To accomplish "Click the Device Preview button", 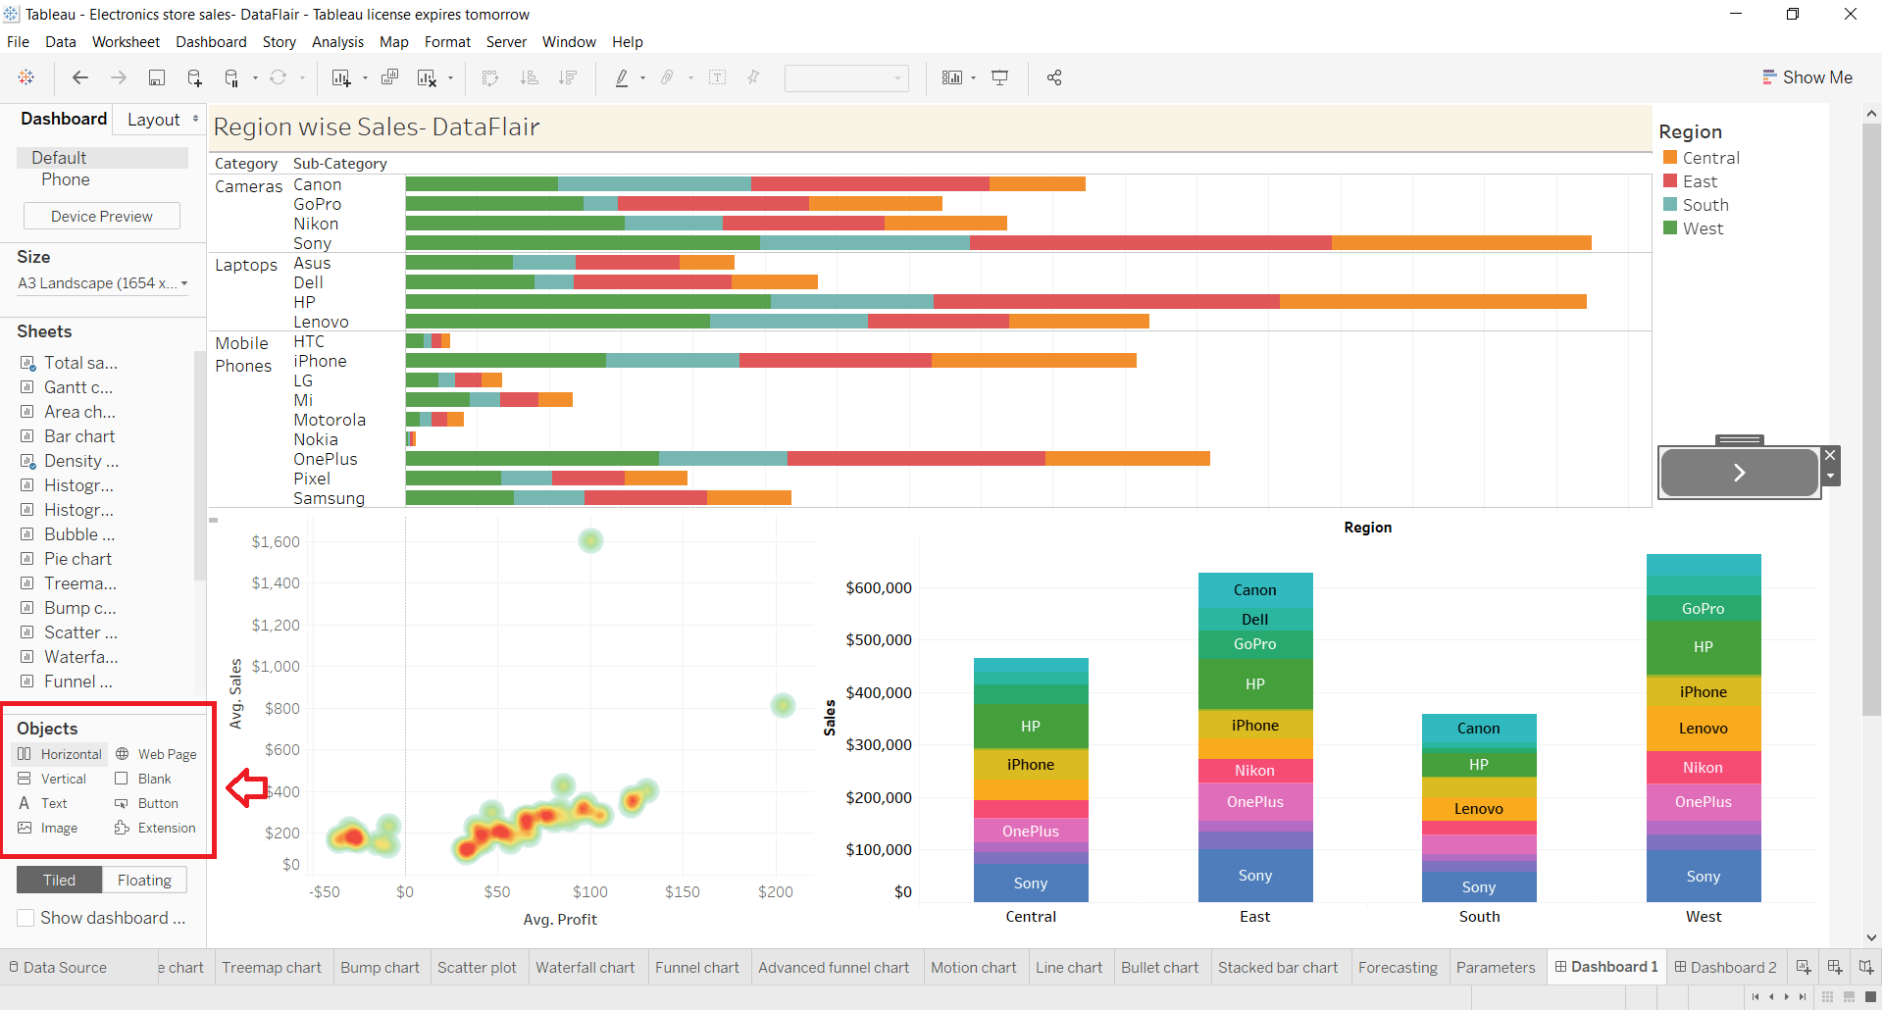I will pos(102,217).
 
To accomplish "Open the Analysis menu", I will pos(337,42).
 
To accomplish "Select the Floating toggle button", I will pos(144,881).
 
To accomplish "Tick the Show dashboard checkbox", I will pos(26,919).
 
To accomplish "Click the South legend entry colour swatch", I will pos(1670,205).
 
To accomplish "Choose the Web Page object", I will pos(156,754).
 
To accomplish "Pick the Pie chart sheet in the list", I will pos(77,559).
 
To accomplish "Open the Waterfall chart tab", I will pos(585,968).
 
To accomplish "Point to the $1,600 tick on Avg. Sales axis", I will pos(276,542).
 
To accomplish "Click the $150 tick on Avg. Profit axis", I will pos(683,892).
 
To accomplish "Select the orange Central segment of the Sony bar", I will pos(1461,243).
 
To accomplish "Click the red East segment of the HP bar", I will pos(1106,302).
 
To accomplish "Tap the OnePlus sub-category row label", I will pos(326,459).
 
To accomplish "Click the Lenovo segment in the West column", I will pos(1704,729).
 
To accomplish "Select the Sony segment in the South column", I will pos(1479,887).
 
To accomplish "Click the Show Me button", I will pos(1807,77).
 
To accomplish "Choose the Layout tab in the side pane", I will pos(154,120).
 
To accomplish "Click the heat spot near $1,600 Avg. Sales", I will pos(590,540).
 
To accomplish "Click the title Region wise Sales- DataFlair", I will pos(377,127).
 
